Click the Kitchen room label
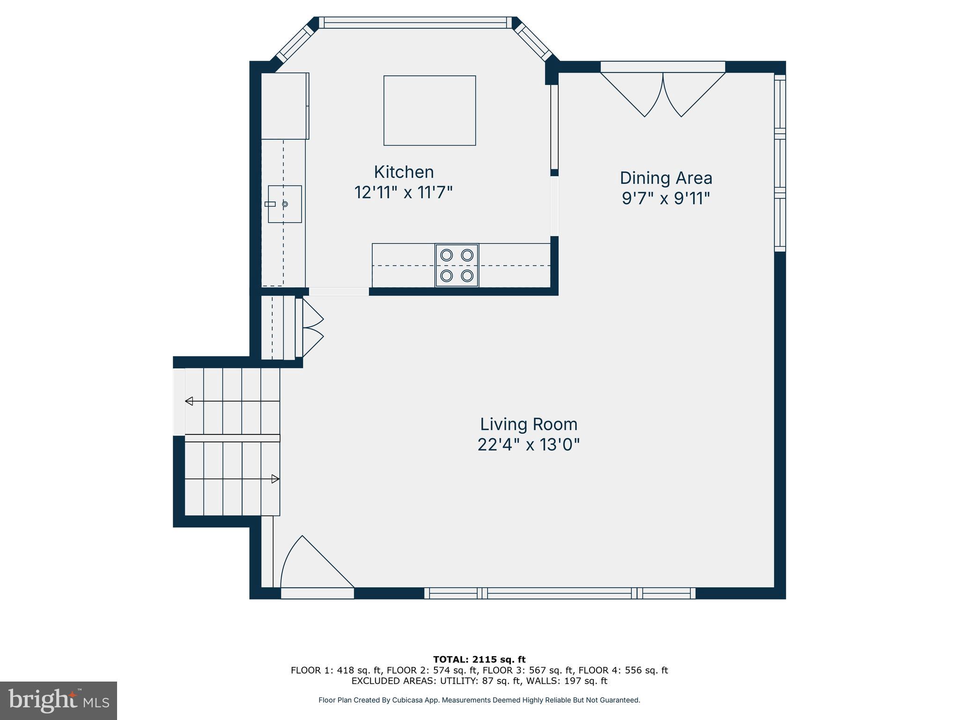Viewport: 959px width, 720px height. pyautogui.click(x=404, y=172)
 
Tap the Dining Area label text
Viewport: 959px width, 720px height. pyautogui.click(x=666, y=178)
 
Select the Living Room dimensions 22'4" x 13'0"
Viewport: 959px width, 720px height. pyautogui.click(x=528, y=444)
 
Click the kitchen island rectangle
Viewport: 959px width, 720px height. pyautogui.click(x=429, y=111)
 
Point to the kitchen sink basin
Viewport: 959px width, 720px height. pyautogui.click(x=285, y=204)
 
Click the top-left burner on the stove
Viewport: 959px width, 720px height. pyautogui.click(x=446, y=255)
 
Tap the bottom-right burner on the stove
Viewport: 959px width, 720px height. pyautogui.click(x=467, y=276)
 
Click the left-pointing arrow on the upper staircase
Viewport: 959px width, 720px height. pyautogui.click(x=189, y=401)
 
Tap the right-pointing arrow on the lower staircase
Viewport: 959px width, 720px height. pyautogui.click(x=275, y=479)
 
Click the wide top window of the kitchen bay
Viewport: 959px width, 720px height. pyautogui.click(x=415, y=22)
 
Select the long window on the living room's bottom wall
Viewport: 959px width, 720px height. pyautogui.click(x=560, y=593)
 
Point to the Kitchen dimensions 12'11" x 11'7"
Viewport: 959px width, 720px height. pyautogui.click(x=404, y=193)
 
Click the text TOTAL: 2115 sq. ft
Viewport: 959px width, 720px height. pyautogui.click(x=479, y=660)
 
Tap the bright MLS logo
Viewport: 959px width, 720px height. pyautogui.click(x=58, y=700)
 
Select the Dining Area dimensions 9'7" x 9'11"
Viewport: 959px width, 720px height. pyautogui.click(x=666, y=199)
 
